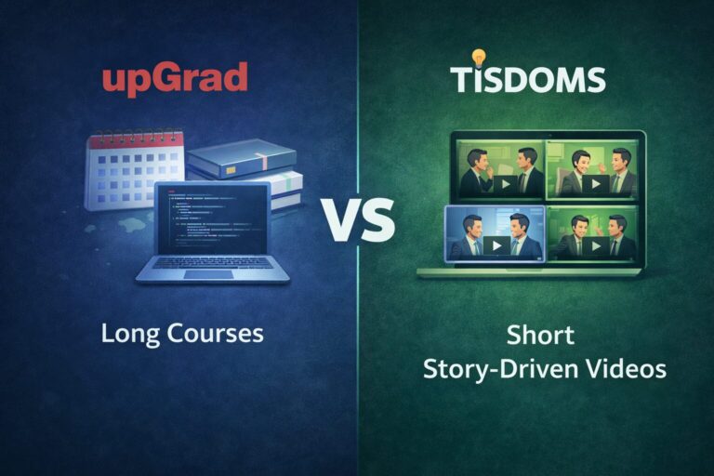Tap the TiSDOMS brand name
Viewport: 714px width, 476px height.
pos(528,79)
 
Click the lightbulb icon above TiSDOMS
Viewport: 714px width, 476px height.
pos(479,57)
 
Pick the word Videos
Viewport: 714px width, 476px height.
pos(628,369)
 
